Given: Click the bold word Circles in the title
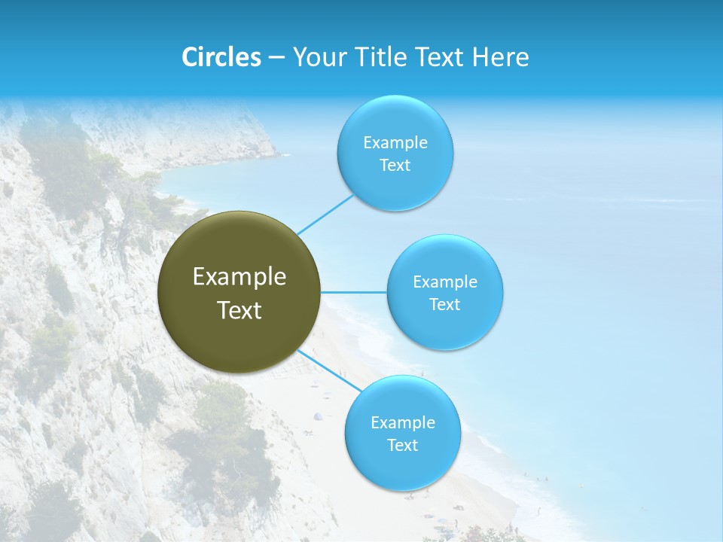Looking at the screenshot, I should point(221,57).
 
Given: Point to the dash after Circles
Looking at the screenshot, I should point(276,58).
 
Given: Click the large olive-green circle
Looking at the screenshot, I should point(239,292).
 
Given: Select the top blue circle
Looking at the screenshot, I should point(395,153).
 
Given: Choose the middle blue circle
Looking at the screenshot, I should point(445,292).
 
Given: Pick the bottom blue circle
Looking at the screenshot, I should point(402,433).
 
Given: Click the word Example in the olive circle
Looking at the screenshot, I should point(239,277).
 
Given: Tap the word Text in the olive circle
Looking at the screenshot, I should point(239,310).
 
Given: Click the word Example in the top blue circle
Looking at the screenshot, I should point(395,143).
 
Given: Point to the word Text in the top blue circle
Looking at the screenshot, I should point(395,166).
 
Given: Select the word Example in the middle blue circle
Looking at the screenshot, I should point(445,282).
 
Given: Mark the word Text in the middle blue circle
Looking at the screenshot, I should point(445,305).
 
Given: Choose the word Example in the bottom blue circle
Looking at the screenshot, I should point(402,423).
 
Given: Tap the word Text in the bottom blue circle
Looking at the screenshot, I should point(402,446).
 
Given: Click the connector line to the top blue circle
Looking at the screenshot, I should point(325,214).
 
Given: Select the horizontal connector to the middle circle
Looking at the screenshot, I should point(354,292).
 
